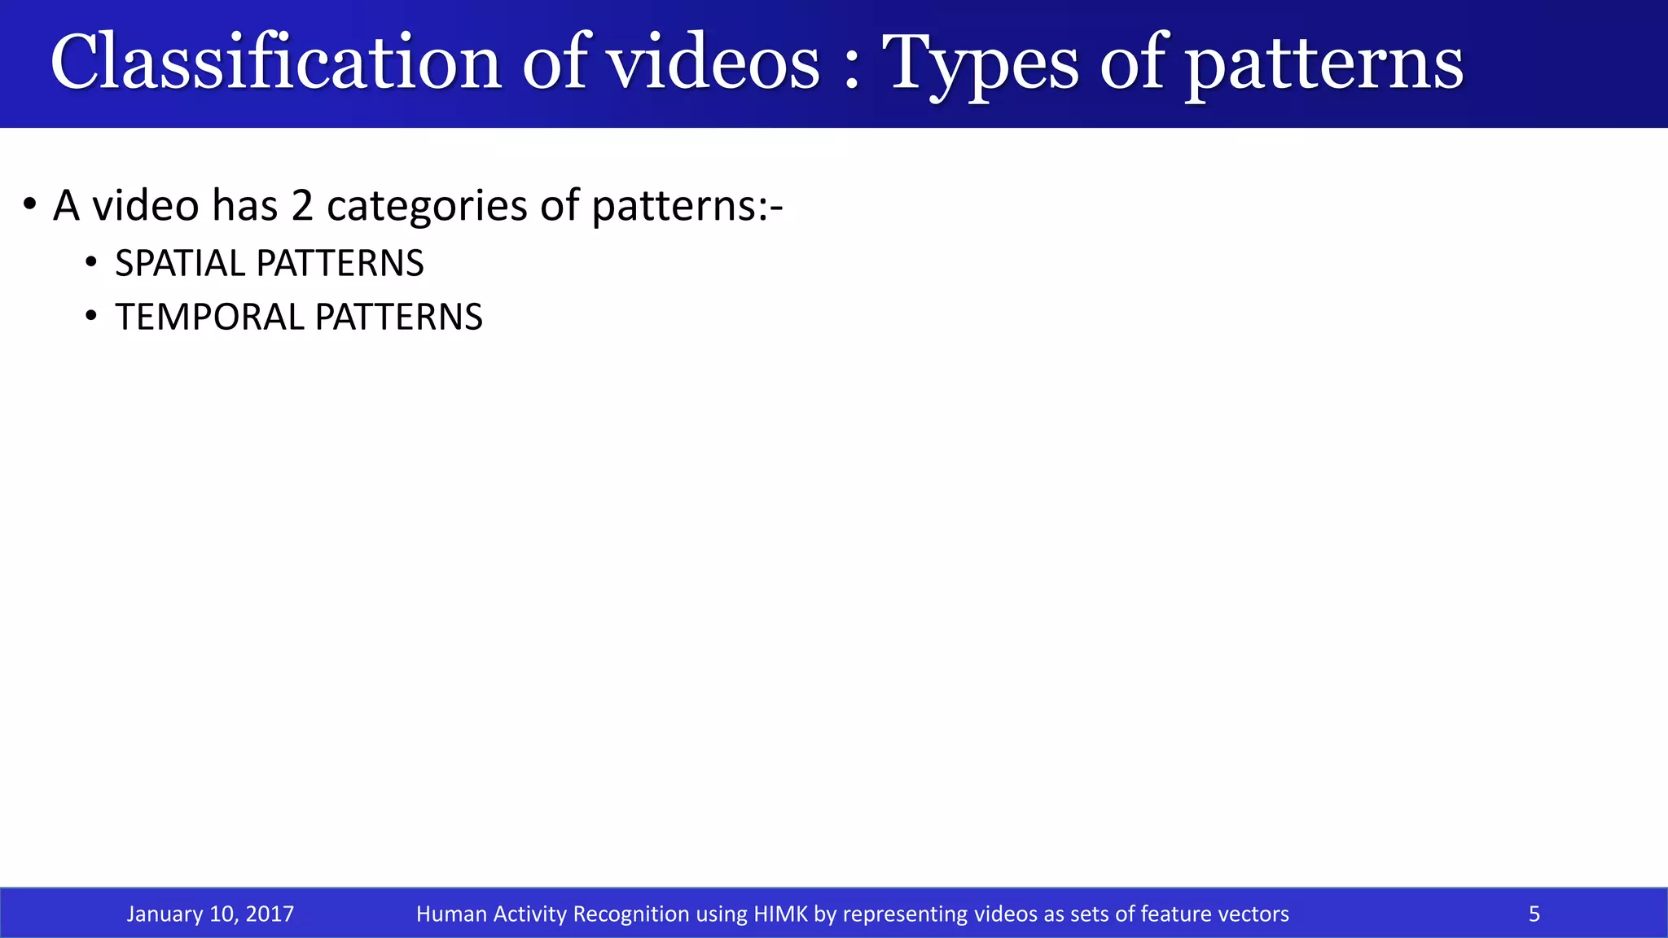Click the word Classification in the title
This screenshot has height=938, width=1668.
[x=275, y=64]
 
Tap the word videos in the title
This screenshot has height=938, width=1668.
[x=714, y=64]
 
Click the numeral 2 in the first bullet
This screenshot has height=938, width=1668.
[x=301, y=205]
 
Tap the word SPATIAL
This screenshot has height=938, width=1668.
[x=179, y=264]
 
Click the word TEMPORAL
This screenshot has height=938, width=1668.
[x=208, y=318]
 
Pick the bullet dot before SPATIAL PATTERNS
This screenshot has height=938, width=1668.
[x=91, y=262]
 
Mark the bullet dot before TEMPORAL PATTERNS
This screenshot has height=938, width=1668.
[x=91, y=316]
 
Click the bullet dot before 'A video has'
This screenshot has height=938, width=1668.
[x=30, y=204]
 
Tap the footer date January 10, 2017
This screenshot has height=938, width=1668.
[x=210, y=914]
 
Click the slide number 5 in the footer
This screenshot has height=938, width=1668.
[x=1534, y=914]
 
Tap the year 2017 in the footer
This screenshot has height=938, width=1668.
[x=270, y=914]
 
